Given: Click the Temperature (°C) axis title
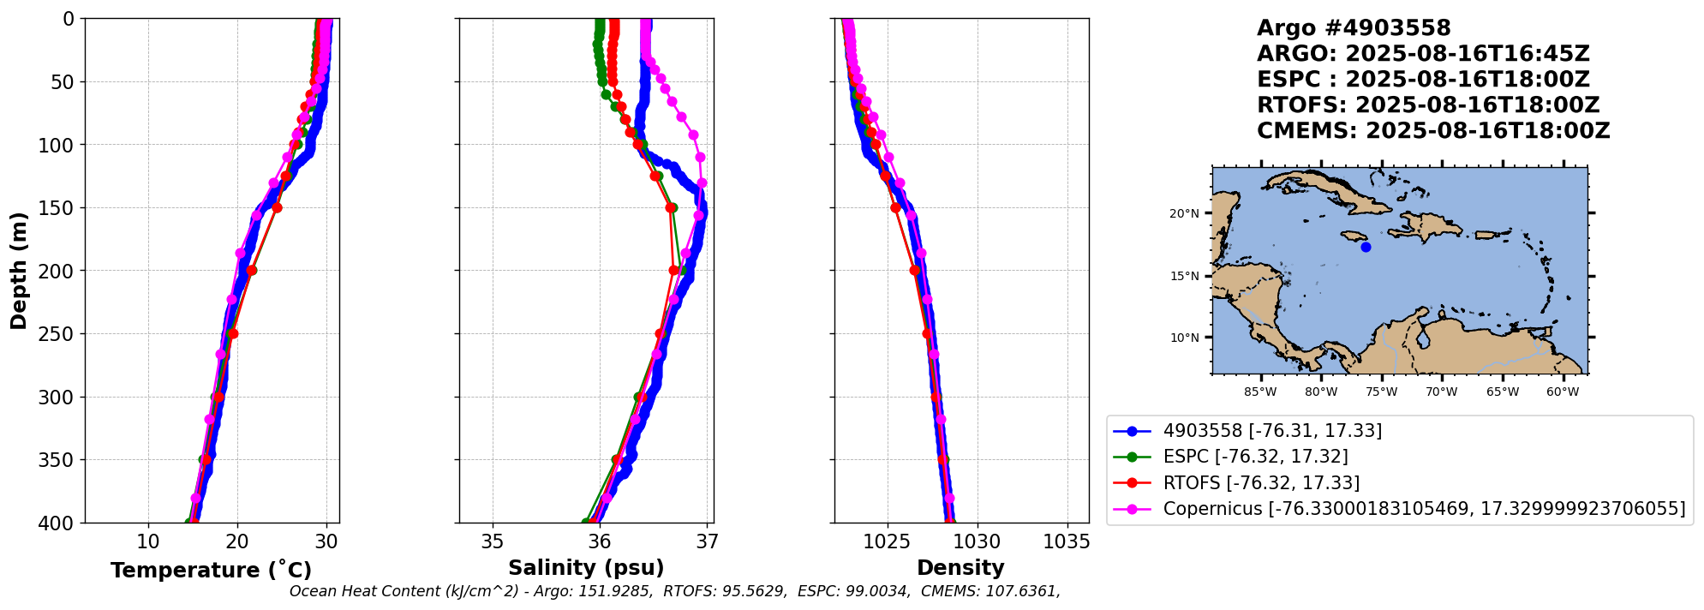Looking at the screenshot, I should (x=211, y=571).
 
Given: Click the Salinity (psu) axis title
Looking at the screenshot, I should (x=586, y=568).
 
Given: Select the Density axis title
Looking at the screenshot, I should (x=960, y=568).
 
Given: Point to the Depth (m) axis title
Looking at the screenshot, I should (x=18, y=270).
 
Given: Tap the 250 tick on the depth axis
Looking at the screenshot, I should (x=61, y=334).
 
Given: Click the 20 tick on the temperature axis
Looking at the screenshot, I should (x=237, y=541).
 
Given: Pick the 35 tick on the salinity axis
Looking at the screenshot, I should (x=493, y=541).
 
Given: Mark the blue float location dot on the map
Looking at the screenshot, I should (x=1366, y=247).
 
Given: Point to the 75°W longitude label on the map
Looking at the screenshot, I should (x=1381, y=392).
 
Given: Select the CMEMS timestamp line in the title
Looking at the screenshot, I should (x=1433, y=131).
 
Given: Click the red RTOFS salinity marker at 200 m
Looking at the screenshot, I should (x=673, y=271).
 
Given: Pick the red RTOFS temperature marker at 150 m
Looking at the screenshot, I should (x=277, y=207).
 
